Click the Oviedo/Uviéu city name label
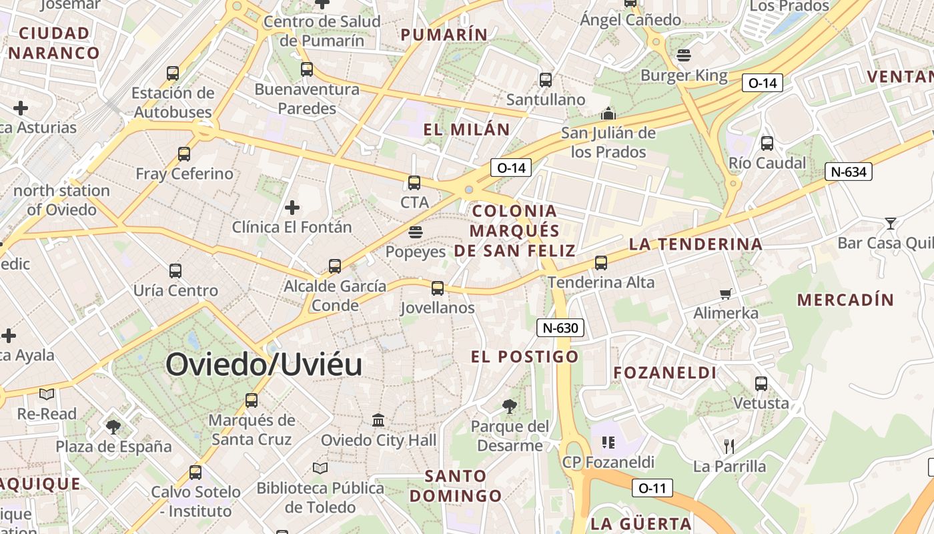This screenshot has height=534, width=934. (x=264, y=364)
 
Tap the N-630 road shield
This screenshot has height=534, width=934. (x=560, y=328)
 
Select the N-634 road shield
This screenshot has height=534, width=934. (x=849, y=172)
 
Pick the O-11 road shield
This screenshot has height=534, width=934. (x=652, y=488)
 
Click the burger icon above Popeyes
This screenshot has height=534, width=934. (x=415, y=232)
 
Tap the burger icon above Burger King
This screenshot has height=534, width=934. (x=683, y=55)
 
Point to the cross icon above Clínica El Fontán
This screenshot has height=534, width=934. (x=292, y=208)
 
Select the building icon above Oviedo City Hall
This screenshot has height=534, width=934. (x=378, y=421)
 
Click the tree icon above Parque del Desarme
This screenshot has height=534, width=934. (x=509, y=406)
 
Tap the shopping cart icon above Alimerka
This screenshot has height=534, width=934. (x=726, y=294)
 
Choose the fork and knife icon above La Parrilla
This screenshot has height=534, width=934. (x=729, y=446)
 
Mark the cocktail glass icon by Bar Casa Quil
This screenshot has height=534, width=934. (x=890, y=223)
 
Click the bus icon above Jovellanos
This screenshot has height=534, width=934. (x=437, y=288)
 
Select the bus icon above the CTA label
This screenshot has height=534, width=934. (x=414, y=182)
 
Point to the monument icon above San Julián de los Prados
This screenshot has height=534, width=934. (x=607, y=113)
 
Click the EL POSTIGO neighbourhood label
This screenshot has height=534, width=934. (x=524, y=356)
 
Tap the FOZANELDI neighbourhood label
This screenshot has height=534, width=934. (x=664, y=372)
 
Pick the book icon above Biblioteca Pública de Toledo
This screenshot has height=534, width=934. (x=320, y=469)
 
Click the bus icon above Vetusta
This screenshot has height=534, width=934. (x=761, y=384)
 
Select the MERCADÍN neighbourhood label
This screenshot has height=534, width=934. (x=845, y=300)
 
